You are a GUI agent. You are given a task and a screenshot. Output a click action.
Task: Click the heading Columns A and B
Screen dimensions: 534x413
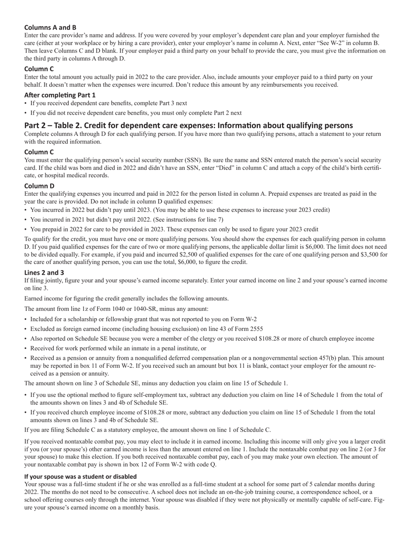pyautogui.click(x=50, y=27)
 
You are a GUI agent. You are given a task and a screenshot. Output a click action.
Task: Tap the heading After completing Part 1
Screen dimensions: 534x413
pyautogui.click(x=60, y=95)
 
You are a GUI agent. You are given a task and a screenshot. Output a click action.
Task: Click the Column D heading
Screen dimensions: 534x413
pyautogui.click(x=39, y=186)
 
